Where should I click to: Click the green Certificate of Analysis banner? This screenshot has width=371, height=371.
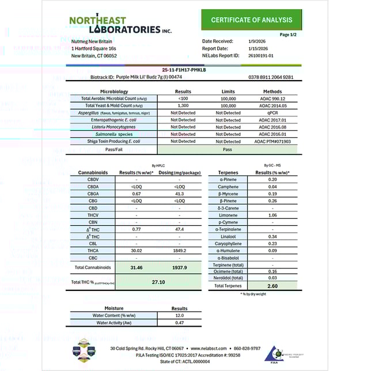252,20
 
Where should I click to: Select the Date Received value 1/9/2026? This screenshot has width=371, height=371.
258,41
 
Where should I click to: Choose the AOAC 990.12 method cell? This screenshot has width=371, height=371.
272,99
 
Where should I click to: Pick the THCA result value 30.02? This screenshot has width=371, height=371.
137,251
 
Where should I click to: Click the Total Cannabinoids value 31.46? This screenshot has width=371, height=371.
137,268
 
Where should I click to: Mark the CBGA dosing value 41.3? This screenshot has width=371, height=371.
180,194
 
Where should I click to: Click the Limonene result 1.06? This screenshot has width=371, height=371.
272,215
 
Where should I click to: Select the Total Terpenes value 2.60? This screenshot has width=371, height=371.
272,286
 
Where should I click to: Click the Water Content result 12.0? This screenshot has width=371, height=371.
179,315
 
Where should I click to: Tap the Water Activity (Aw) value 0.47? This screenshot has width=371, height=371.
179,323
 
